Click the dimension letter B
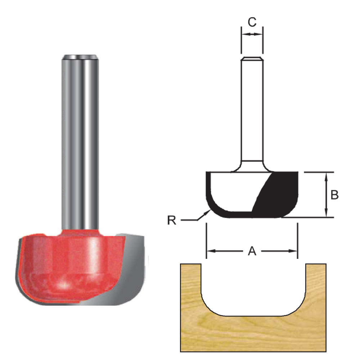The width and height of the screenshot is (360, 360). (x=334, y=195)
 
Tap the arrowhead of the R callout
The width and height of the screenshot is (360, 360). (x=208, y=212)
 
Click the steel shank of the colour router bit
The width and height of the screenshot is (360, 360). (x=80, y=144)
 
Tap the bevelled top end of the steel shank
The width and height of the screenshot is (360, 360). (x=80, y=57)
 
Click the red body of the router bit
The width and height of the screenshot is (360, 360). (x=65, y=259)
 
